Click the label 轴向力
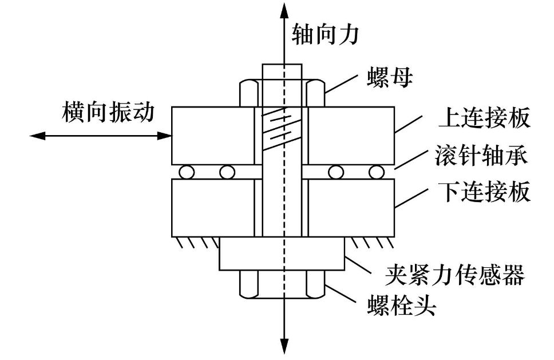(325, 34)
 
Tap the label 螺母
(390, 78)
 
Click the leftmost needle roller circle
(185, 171)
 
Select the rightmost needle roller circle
(375, 171)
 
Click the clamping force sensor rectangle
(282, 254)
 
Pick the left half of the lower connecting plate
(212, 208)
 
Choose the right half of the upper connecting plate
(350, 134)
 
